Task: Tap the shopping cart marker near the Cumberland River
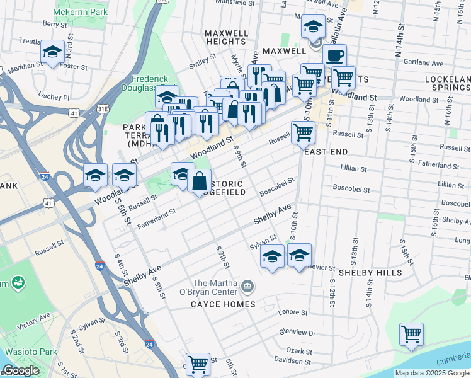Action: click(x=411, y=334)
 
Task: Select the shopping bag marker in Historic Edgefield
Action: click(x=199, y=181)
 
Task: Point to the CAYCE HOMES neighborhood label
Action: click(x=223, y=304)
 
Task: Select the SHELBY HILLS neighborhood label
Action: click(x=370, y=273)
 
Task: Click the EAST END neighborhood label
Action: click(x=326, y=152)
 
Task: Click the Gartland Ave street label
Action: click(x=424, y=63)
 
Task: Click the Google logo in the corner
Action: click(x=21, y=370)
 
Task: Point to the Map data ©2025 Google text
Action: click(x=431, y=373)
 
